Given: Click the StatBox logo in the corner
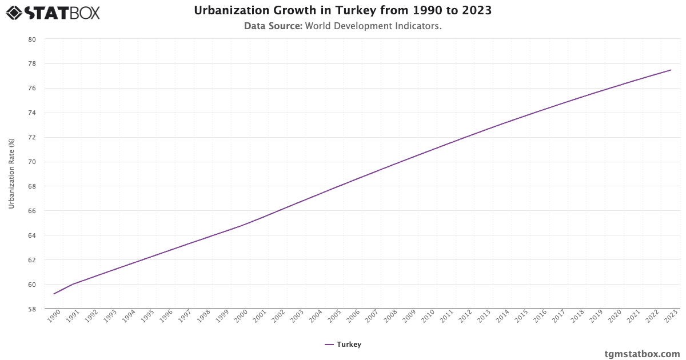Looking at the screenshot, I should (53, 12).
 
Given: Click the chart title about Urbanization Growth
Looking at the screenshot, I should (343, 11).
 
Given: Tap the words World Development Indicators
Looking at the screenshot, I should (373, 26).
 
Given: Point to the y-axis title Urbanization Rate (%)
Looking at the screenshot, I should (11, 173).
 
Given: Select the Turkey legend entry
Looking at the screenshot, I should (343, 345).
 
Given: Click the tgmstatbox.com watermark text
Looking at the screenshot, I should (642, 354).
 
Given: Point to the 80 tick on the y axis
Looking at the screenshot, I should (32, 39).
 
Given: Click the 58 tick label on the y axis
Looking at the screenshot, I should (32, 309).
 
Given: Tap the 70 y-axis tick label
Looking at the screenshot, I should (32, 162).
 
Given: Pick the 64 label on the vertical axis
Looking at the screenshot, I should (32, 235).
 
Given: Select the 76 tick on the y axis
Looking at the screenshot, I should (32, 89).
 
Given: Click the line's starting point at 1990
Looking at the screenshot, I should (54, 294).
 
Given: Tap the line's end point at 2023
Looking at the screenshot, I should (671, 70).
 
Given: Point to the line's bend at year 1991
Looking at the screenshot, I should (73, 284).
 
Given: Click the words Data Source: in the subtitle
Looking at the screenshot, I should (273, 26).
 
